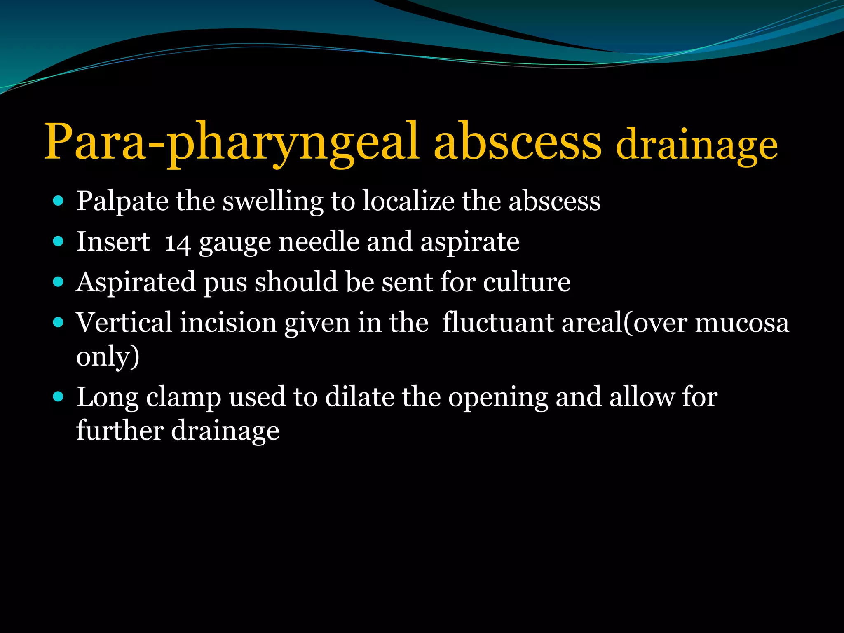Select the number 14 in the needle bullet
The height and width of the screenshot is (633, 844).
(x=177, y=243)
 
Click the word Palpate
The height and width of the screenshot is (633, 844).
(x=122, y=202)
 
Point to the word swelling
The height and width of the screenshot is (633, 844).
(x=273, y=202)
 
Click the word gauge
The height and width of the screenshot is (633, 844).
(x=235, y=243)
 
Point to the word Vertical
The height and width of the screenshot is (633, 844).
(x=124, y=322)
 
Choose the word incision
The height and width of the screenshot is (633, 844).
(x=228, y=322)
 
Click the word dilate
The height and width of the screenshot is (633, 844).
(x=359, y=397)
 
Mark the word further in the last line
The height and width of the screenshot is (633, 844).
(x=120, y=430)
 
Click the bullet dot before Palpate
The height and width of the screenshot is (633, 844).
(x=59, y=201)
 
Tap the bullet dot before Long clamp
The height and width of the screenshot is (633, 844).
(x=59, y=397)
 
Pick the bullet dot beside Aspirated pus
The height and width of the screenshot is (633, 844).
(x=59, y=282)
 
